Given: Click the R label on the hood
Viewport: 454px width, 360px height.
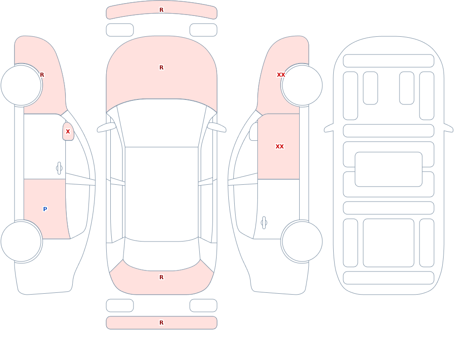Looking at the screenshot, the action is coord(162,68).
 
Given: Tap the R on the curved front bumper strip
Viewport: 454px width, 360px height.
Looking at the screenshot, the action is coord(162,10).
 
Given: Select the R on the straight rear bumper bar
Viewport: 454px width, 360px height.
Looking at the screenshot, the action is coord(162,323).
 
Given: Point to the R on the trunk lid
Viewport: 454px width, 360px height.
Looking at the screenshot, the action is coord(162,277).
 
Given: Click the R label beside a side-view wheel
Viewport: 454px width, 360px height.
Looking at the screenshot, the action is coord(42,75).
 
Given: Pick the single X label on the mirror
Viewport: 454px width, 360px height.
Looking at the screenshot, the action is coord(68,132).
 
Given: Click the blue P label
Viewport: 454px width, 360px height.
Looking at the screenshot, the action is coord(45,209).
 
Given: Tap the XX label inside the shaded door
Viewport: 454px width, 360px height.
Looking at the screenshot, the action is coord(280,147).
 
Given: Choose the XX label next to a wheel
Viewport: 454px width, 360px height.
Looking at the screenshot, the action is coord(281,75).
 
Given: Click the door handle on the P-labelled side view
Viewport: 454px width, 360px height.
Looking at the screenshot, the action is coord(59,168).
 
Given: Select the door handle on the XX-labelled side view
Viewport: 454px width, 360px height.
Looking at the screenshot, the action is coord(264,223).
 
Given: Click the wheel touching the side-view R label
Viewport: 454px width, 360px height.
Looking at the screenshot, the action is coord(21,85).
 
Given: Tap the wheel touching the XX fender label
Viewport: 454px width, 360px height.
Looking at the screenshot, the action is coord(302,85).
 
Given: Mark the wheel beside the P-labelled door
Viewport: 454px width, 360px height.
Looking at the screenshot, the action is coord(21,241).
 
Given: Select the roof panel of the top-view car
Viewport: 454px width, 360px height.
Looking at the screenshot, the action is coord(162,194).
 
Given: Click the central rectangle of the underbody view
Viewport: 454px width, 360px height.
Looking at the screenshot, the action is coord(389,169).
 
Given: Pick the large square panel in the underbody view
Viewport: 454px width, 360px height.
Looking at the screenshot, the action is coord(389,243).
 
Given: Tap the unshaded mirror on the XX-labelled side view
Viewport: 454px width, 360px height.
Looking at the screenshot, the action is coord(254,132).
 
